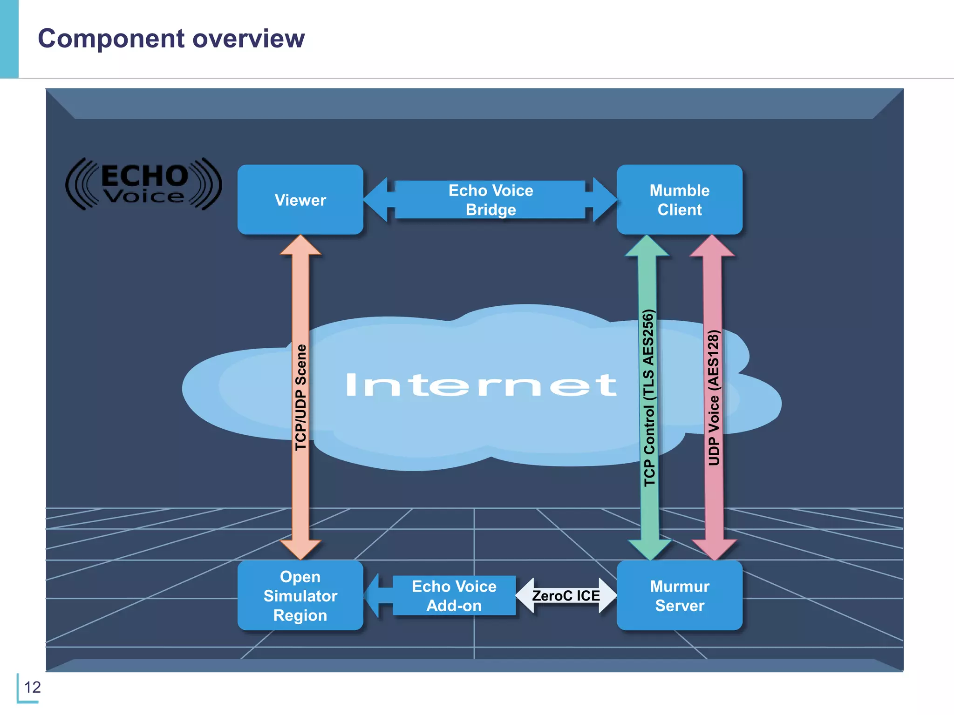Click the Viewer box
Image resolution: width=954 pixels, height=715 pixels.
pyautogui.click(x=300, y=200)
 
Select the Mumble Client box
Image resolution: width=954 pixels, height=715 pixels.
pyautogui.click(x=679, y=200)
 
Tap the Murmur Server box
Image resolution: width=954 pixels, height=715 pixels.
pyautogui.click(x=679, y=595)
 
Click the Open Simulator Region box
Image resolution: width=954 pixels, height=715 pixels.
pyautogui.click(x=300, y=595)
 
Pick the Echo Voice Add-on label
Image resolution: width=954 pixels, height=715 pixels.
pyautogui.click(x=454, y=595)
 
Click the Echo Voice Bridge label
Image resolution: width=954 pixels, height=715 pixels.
pyautogui.click(x=490, y=200)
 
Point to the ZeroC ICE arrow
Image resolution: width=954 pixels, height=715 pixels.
pyautogui.click(x=566, y=595)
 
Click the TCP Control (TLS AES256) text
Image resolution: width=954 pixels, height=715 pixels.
pyautogui.click(x=649, y=398)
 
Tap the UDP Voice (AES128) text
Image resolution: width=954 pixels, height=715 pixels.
pyautogui.click(x=713, y=398)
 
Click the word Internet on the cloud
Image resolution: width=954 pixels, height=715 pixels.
pyautogui.click(x=481, y=385)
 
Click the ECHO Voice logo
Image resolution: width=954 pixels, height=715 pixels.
pyautogui.click(x=143, y=184)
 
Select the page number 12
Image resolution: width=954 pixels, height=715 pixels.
pyautogui.click(x=32, y=687)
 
